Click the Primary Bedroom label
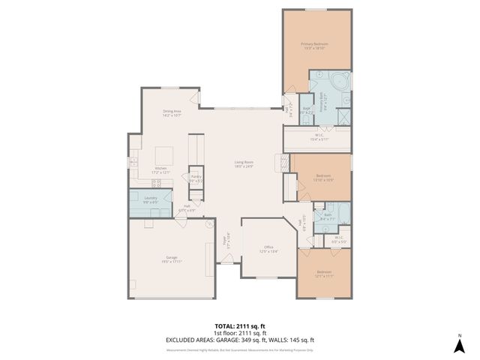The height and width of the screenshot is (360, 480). pos(316,46)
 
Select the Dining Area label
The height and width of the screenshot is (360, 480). pos(172,113)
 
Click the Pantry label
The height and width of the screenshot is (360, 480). pos(196,178)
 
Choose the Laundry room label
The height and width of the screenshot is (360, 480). pos(151,200)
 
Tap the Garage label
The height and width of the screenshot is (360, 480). pos(172,259)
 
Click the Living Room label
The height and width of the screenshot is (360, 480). pos(244,164)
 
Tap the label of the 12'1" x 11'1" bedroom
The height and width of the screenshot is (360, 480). pos(324,273)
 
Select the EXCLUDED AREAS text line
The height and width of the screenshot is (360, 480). pos(240,340)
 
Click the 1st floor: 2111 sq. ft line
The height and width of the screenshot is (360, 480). pos(240,334)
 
